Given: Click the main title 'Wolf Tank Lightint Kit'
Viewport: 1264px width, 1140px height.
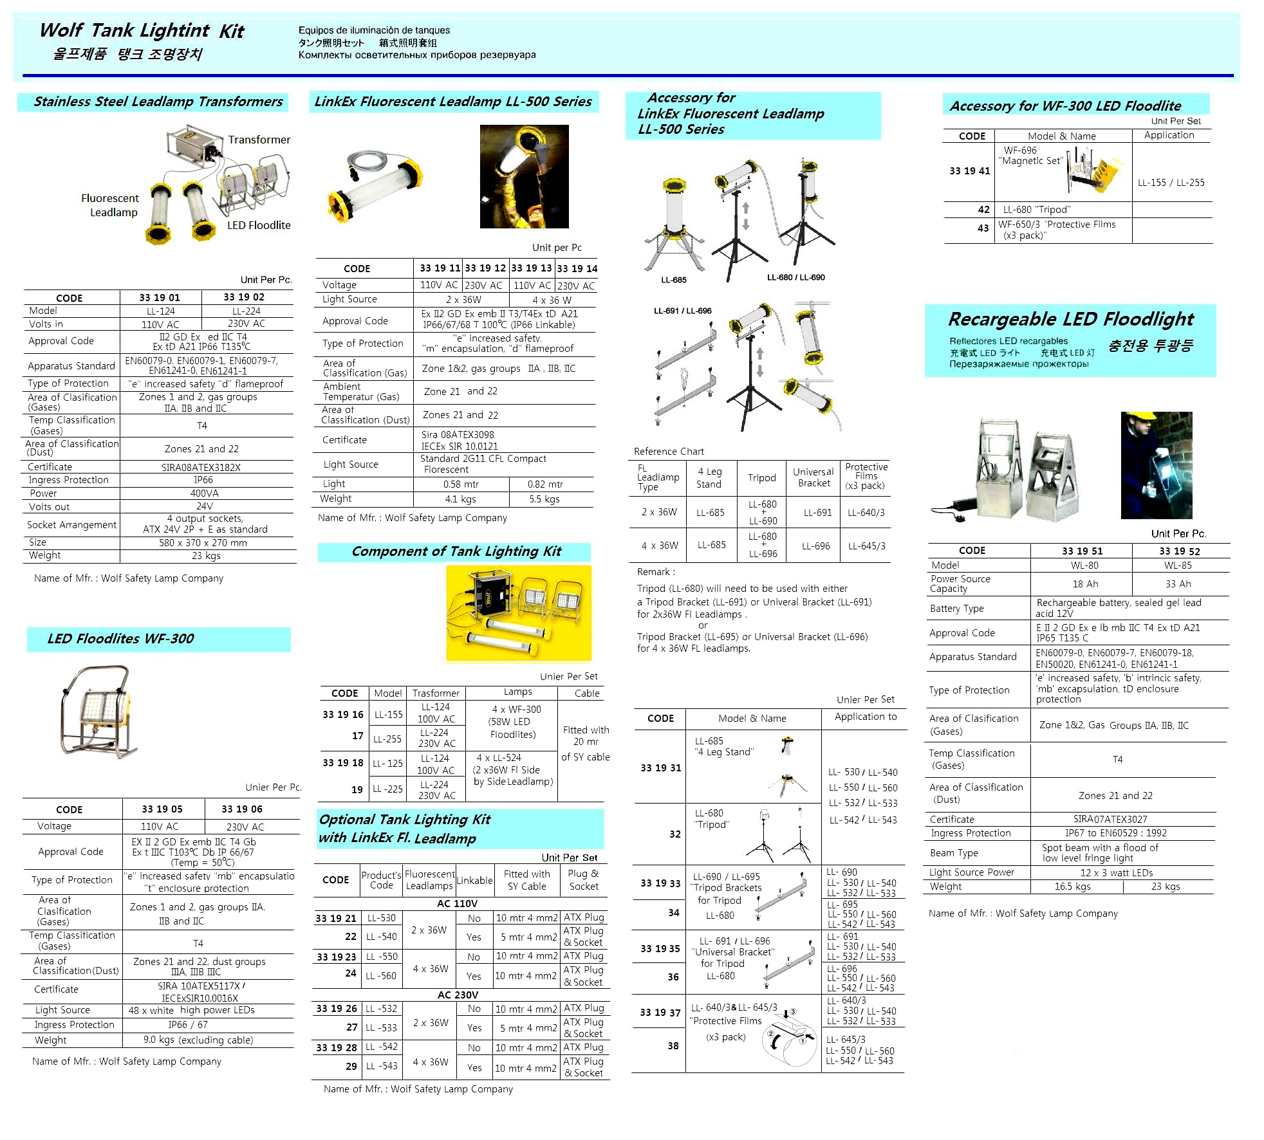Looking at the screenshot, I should click(x=142, y=31).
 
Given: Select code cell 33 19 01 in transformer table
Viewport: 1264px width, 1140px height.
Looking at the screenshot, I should click(x=160, y=297).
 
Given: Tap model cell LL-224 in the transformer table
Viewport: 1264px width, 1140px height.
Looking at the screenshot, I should click(x=246, y=311).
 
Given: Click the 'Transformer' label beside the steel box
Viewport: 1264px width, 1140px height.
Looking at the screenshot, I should click(x=259, y=140).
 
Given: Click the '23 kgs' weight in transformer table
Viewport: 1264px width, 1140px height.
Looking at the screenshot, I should click(x=206, y=556).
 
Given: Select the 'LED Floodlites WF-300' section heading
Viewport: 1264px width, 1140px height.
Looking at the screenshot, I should click(x=120, y=639).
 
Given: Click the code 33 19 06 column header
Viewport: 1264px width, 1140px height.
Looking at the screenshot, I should click(x=242, y=809).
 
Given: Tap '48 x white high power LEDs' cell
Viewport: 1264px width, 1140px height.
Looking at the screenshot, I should click(x=192, y=1010).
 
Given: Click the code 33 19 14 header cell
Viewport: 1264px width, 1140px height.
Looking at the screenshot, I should click(x=577, y=268).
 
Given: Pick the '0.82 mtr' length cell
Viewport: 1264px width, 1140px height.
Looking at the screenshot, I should click(x=545, y=484).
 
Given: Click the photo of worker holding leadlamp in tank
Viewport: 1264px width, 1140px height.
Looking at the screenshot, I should click(x=524, y=176).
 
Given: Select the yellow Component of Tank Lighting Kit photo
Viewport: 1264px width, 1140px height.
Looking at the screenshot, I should click(x=518, y=612).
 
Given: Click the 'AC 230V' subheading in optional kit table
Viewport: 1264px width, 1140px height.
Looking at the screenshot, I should click(x=458, y=995).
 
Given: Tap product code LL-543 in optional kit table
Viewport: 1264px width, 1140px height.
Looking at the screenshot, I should click(x=382, y=1066).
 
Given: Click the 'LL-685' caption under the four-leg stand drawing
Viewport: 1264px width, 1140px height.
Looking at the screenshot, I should click(x=674, y=280).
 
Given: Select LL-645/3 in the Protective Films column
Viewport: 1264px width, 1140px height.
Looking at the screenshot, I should click(x=866, y=546).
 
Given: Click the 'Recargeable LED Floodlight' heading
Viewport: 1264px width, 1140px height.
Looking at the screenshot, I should click(x=1070, y=319).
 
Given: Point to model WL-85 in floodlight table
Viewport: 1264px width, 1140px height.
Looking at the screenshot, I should click(x=1178, y=565).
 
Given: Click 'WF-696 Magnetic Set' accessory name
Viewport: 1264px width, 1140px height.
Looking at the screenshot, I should click(x=1030, y=156).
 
